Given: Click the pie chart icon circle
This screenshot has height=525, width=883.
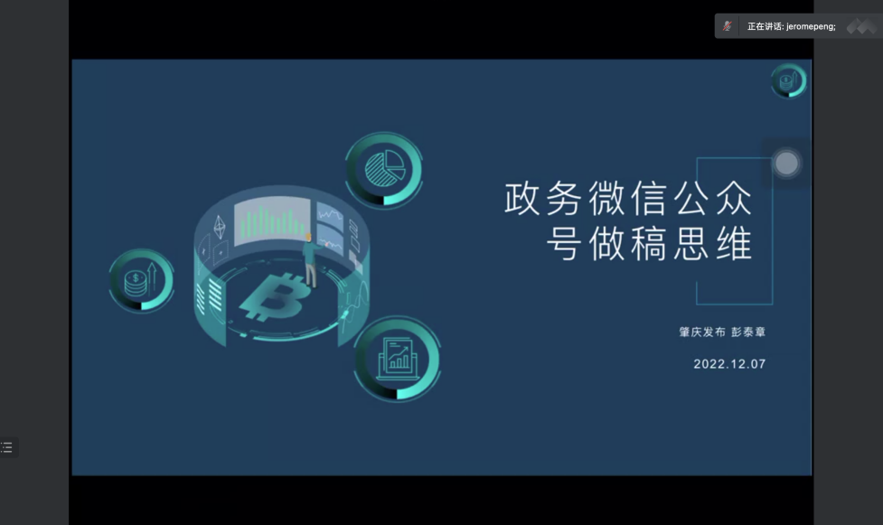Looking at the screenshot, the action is [383, 170].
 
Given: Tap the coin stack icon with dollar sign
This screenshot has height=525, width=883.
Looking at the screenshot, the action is [141, 280].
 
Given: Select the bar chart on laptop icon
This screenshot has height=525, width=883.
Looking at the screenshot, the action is [397, 359].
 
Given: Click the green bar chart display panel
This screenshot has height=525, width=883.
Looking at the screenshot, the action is [272, 221].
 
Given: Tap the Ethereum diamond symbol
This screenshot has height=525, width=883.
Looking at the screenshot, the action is [220, 227].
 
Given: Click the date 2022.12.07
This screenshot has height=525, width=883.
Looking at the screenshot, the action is [729, 364].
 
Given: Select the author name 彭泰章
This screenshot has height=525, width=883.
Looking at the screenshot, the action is [748, 332].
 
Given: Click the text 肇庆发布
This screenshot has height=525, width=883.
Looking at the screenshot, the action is [702, 332].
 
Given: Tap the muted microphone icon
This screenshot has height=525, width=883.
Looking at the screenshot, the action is [727, 26].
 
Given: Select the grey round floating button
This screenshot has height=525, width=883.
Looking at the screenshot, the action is [786, 164].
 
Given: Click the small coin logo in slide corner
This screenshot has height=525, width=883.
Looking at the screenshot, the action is [788, 80].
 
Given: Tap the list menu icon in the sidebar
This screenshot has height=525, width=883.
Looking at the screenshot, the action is [6, 447].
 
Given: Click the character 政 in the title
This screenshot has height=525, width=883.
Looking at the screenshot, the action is [521, 198].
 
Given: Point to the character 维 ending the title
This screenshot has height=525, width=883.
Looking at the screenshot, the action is [734, 243].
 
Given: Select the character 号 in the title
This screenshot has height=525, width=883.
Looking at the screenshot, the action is [564, 243].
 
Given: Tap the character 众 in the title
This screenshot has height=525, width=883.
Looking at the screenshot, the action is [734, 198].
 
